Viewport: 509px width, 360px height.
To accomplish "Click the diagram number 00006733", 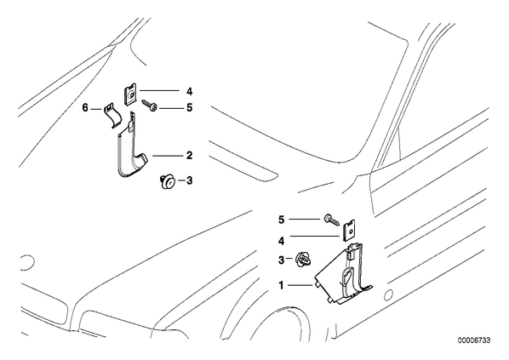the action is click(474, 340).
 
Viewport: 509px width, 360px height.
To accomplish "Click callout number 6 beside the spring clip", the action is click(85, 107).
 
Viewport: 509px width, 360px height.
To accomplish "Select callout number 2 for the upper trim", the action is click(189, 156).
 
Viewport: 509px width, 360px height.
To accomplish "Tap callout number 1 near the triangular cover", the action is click(281, 285).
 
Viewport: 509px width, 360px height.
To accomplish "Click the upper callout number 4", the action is click(189, 92).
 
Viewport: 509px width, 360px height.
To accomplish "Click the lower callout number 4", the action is click(281, 241).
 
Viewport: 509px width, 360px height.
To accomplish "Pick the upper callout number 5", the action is click(189, 107).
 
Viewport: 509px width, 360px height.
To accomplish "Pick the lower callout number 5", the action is click(281, 220).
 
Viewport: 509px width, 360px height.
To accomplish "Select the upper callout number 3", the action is click(189, 180).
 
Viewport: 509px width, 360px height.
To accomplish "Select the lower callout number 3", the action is click(281, 260).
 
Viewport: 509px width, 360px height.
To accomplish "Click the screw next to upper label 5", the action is click(150, 106).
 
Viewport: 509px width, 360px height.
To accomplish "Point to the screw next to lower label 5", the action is click(332, 220).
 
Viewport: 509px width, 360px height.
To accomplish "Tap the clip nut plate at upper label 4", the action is click(130, 95).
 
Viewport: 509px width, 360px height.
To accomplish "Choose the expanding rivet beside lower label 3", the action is click(302, 260).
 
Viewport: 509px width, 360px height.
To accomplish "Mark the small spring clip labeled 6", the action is click(112, 115).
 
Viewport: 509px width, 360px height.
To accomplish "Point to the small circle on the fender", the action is click(387, 295).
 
